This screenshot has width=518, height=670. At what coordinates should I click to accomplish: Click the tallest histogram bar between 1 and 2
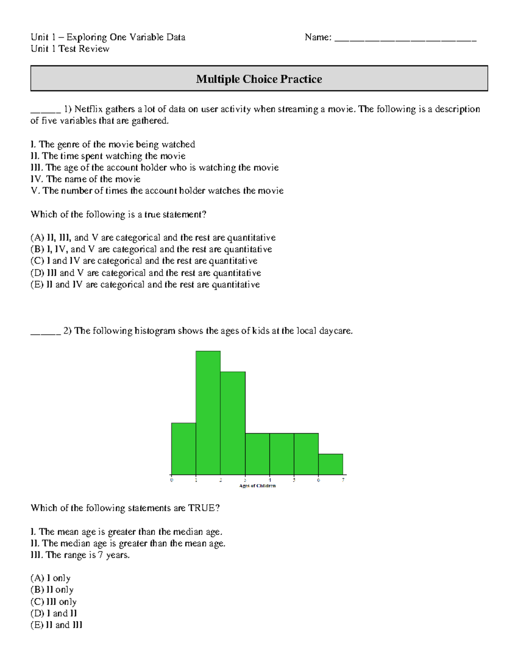tap(208, 413)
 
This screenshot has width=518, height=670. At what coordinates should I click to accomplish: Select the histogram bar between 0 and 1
tap(183, 449)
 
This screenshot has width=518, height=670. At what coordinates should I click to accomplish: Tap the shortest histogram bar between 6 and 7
tap(331, 464)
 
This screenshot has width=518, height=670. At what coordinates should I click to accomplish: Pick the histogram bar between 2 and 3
tap(233, 423)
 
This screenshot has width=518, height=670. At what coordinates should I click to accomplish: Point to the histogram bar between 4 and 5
tap(282, 454)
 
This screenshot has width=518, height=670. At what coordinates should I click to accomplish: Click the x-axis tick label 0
tap(172, 480)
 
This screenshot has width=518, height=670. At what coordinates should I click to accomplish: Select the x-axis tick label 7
tap(343, 480)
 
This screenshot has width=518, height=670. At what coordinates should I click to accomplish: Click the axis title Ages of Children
tap(257, 486)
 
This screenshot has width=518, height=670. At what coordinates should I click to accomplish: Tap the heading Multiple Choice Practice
tap(259, 79)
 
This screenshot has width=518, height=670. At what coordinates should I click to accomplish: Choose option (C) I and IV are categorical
tap(144, 261)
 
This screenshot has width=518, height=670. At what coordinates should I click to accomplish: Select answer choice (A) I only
tap(51, 578)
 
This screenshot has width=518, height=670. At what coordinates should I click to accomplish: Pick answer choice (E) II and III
tap(56, 625)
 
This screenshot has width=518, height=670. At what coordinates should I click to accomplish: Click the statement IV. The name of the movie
tap(85, 179)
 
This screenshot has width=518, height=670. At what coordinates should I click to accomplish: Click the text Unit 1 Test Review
tap(70, 49)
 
